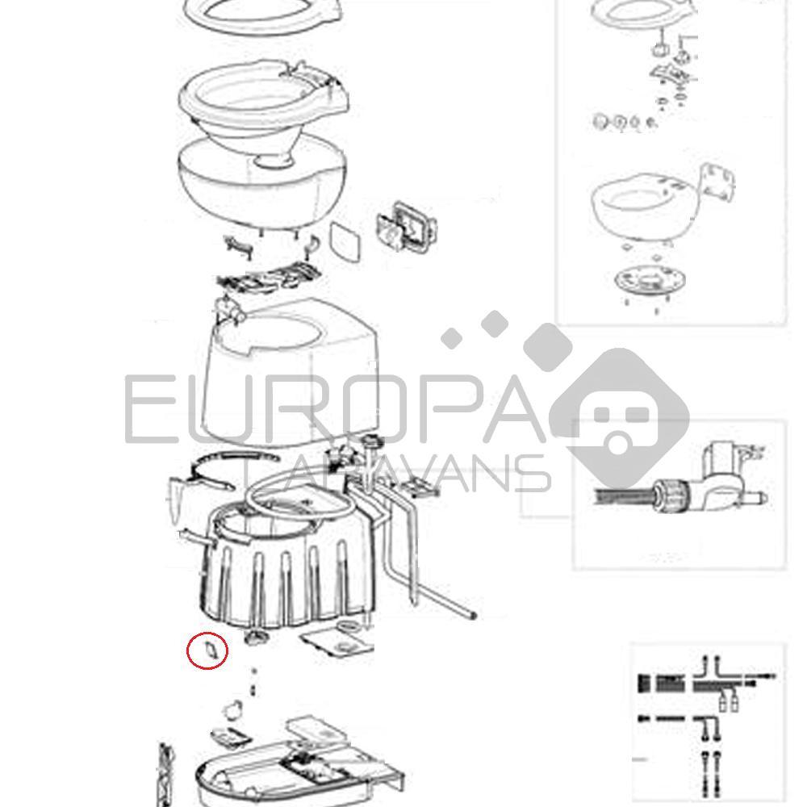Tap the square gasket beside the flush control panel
tap(346, 240)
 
